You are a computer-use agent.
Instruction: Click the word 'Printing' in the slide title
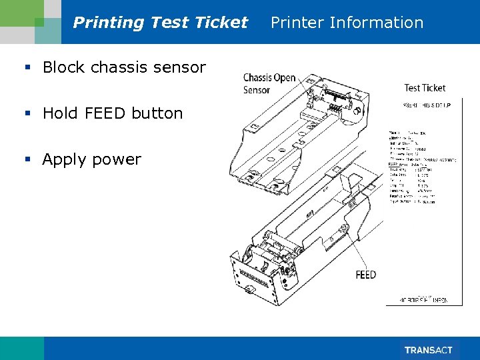109,23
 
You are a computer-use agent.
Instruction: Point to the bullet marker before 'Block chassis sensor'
28,67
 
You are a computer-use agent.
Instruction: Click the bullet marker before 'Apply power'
28,160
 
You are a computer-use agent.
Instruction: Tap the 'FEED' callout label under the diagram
365,275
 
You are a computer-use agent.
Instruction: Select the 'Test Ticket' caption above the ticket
425,87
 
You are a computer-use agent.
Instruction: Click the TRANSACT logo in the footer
429,350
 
